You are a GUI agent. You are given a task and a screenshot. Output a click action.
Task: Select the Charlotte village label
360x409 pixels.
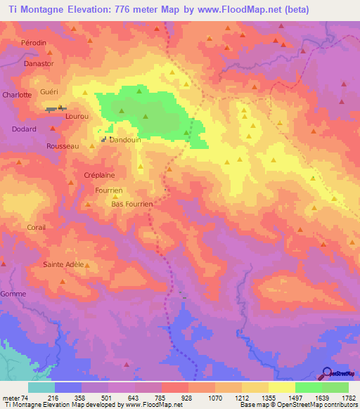coord(17,94)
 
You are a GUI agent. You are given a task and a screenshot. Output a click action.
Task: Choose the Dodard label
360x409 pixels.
coord(24,129)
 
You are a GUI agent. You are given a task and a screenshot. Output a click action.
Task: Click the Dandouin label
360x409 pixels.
coord(125,140)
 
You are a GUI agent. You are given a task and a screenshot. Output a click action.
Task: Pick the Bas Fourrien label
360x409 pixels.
coord(132,204)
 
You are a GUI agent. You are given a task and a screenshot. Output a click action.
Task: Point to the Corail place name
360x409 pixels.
coord(36,228)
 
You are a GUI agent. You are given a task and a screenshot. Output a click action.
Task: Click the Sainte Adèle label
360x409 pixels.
coord(63,264)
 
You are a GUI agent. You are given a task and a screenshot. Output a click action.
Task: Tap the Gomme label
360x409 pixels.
coord(13,294)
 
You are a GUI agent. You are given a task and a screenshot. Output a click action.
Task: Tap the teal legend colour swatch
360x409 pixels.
coord(41,387)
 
